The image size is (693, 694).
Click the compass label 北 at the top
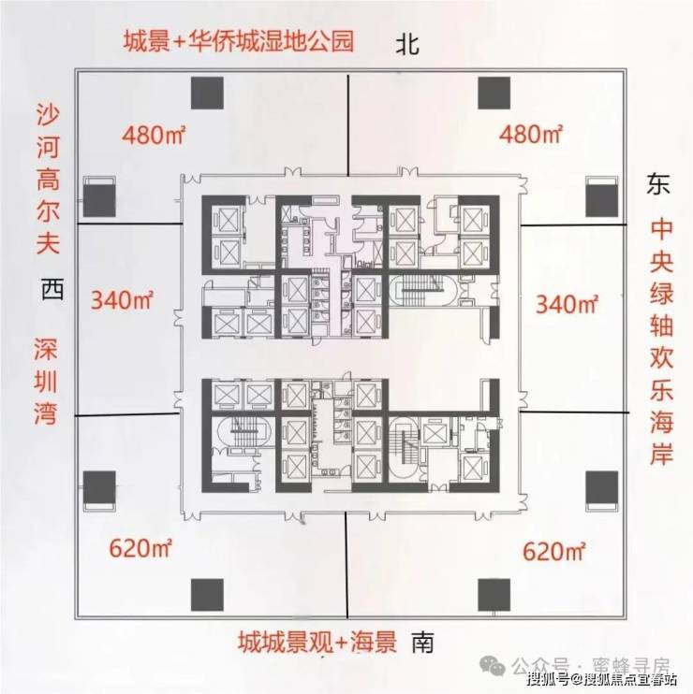pyautogui.click(x=407, y=44)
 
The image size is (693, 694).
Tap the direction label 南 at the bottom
pyautogui.click(x=422, y=643)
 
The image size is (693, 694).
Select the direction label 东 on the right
pyautogui.click(x=658, y=183)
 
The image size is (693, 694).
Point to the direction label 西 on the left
pyautogui.click(x=52, y=289)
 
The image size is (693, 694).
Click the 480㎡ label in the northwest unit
pyautogui.click(x=154, y=135)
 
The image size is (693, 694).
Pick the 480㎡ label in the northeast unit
pyautogui.click(x=531, y=134)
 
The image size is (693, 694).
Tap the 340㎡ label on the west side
pyautogui.click(x=122, y=299)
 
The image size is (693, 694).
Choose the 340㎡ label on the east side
pyautogui.click(x=567, y=304)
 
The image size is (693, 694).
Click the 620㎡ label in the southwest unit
pyautogui.click(x=140, y=548)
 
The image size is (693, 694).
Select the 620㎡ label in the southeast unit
pyautogui.click(x=554, y=552)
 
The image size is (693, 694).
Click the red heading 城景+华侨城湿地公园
pyautogui.click(x=239, y=41)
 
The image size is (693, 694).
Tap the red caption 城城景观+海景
pyautogui.click(x=317, y=642)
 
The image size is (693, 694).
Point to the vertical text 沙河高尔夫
pyautogui.click(x=48, y=180)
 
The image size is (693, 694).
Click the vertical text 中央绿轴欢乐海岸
pyautogui.click(x=661, y=342)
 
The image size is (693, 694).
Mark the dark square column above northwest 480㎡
pyautogui.click(x=207, y=93)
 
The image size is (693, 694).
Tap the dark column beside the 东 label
pyautogui.click(x=602, y=200)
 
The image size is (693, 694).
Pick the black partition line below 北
pyautogui.click(x=348, y=125)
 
